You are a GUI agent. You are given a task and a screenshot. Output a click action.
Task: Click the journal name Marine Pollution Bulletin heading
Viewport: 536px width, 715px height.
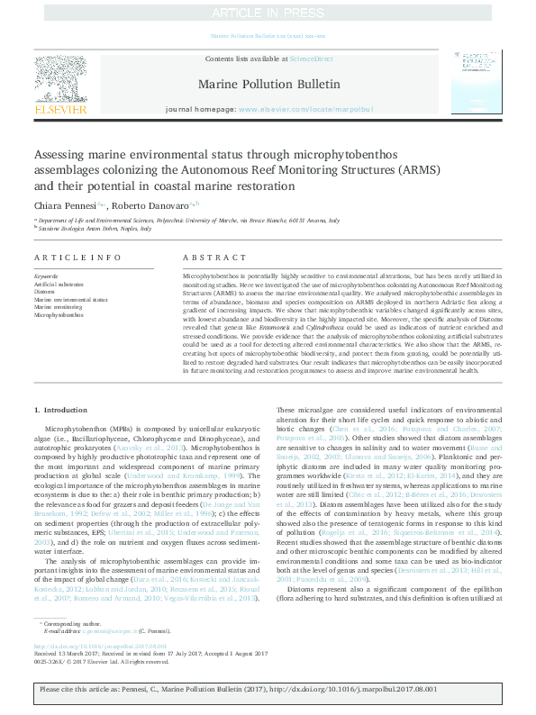coord(267,84)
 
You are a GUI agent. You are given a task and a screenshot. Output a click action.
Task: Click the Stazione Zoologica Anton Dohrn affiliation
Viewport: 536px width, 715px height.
coord(101,229)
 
